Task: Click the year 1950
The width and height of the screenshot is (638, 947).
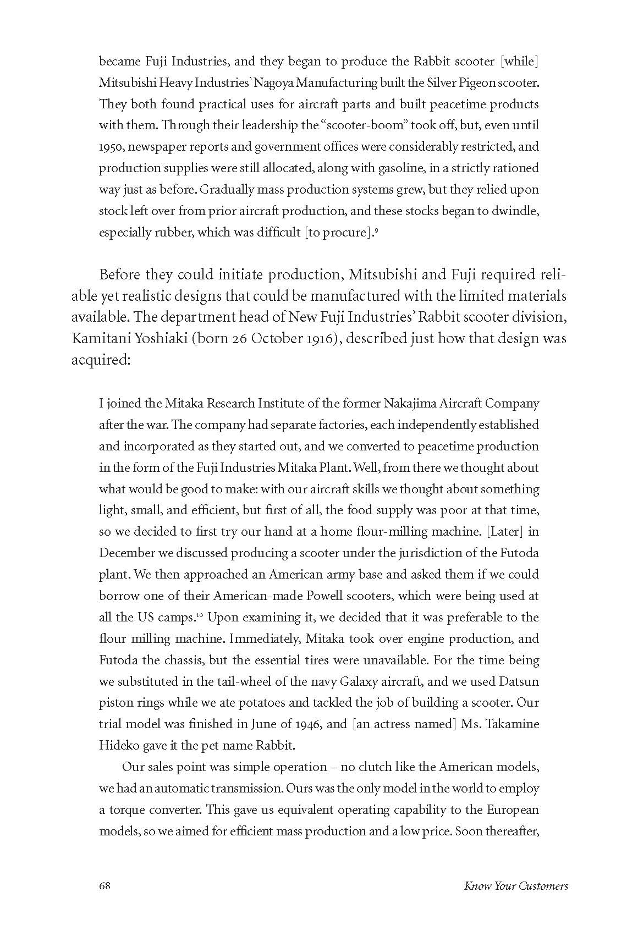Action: coord(111,147)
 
